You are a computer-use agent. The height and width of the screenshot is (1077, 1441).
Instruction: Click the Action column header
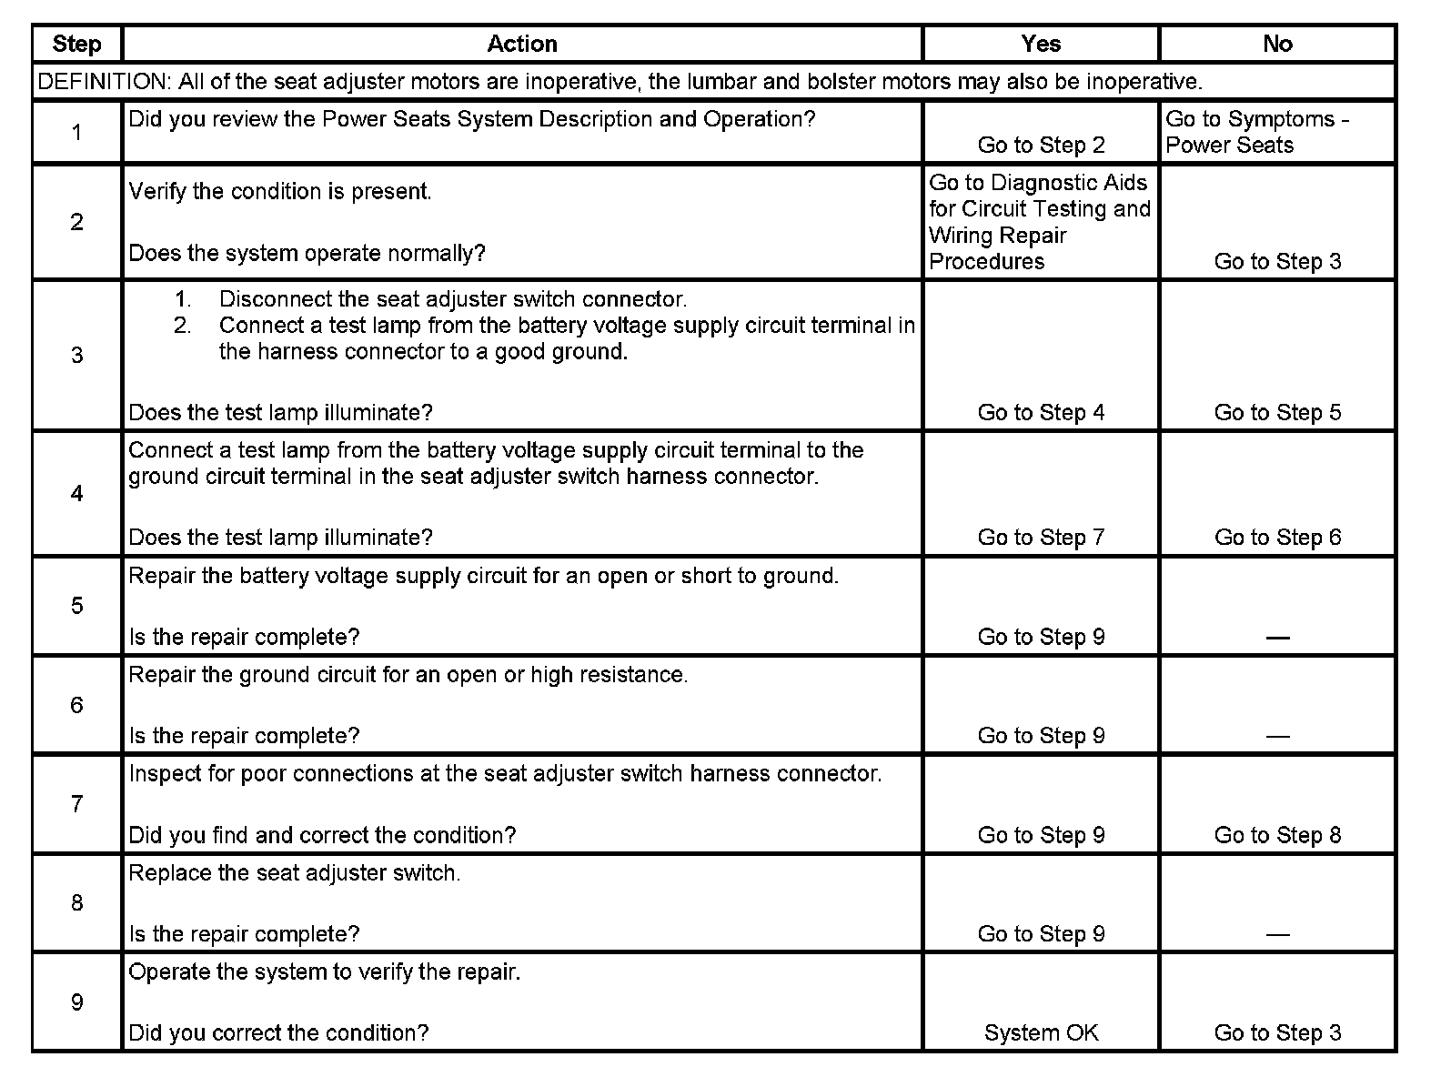click(x=521, y=44)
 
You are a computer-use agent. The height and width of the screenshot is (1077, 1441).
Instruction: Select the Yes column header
click(x=1041, y=44)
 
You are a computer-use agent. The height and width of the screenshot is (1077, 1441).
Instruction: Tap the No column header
click(x=1277, y=44)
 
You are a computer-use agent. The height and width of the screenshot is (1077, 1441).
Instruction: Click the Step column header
click(x=76, y=44)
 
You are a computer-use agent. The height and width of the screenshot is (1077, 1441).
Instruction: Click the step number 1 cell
click(x=76, y=133)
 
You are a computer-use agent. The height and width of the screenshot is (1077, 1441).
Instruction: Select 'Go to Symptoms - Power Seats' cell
click(x=1256, y=132)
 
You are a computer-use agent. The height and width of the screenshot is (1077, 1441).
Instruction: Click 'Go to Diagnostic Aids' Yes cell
click(x=1039, y=222)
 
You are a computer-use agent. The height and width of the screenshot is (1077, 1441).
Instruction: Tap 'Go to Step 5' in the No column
click(x=1277, y=413)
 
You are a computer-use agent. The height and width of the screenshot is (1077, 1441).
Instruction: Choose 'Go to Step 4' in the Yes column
click(x=1041, y=413)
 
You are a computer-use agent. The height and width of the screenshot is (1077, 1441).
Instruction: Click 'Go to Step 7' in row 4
click(x=1041, y=538)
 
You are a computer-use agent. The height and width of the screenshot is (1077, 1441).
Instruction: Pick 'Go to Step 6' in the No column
click(x=1277, y=538)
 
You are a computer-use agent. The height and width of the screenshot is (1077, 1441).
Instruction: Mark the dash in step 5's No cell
click(x=1277, y=638)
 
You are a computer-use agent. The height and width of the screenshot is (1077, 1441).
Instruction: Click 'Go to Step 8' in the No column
click(x=1277, y=835)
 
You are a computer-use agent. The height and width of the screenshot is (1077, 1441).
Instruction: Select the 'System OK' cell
click(x=1041, y=1033)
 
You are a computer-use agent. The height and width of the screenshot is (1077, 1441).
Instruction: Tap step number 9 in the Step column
click(x=76, y=1002)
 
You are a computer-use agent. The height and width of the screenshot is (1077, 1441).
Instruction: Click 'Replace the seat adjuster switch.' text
click(x=295, y=873)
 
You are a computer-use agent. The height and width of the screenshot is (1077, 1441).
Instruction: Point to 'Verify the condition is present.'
click(x=280, y=192)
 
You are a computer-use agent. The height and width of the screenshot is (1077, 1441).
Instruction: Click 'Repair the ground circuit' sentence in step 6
click(x=408, y=675)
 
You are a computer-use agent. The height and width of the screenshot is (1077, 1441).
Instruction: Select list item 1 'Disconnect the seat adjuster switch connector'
click(x=452, y=299)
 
